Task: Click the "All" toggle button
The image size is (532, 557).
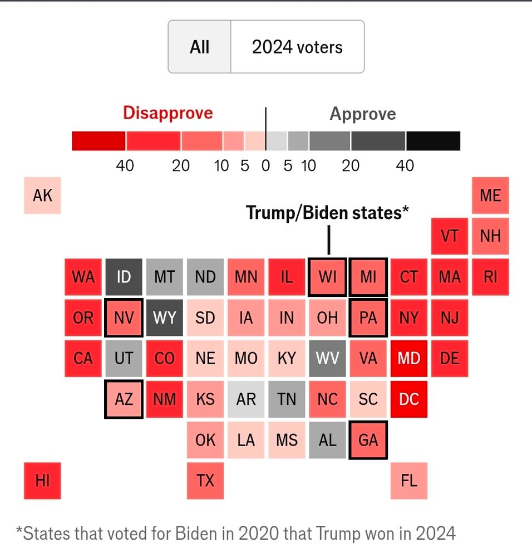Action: (199, 47)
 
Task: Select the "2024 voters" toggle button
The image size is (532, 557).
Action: (297, 47)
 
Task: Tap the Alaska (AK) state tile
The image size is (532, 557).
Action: (42, 196)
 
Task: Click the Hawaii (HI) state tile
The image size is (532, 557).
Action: (42, 481)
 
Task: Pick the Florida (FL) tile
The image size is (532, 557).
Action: (409, 481)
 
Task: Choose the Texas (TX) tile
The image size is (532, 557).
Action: (205, 481)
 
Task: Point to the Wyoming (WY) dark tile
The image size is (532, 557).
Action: (165, 318)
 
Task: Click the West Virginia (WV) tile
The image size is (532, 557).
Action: (327, 358)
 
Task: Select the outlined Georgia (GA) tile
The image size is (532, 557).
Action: (368, 440)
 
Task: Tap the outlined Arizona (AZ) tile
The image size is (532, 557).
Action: (124, 399)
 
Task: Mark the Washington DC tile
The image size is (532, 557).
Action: (409, 399)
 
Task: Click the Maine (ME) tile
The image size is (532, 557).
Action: (490, 196)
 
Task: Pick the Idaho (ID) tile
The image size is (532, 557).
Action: (124, 277)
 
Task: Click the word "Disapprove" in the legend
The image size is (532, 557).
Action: (168, 113)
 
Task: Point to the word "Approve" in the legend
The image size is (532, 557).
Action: (363, 114)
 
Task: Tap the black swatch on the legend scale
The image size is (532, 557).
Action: (433, 141)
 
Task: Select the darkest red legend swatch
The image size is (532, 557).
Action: (98, 141)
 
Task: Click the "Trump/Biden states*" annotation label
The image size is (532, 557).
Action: (328, 212)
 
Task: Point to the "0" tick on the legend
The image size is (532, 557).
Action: (265, 165)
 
